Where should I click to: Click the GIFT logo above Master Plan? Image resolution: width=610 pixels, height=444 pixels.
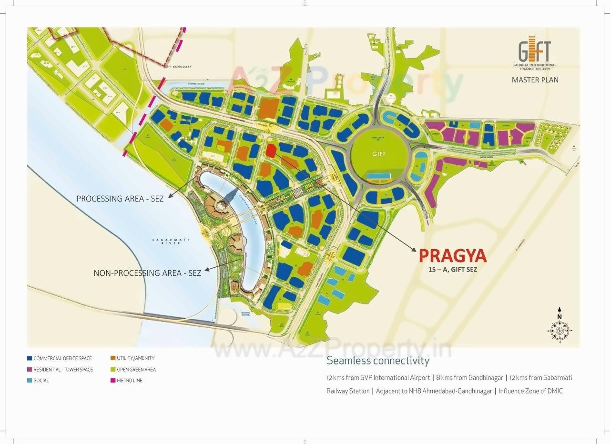point(535,53)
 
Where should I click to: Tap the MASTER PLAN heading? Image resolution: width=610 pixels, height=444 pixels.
point(535,80)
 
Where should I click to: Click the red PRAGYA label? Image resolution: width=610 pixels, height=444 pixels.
point(452,256)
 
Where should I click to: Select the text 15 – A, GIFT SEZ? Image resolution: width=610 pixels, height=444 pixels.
point(452,270)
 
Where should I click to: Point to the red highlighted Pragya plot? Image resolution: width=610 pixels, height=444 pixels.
point(270,151)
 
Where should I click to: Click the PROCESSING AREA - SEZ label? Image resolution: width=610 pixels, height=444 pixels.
point(120,199)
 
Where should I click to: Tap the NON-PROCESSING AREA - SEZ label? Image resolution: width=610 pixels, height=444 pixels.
point(147,273)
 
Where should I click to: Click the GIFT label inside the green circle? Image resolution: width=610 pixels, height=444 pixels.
point(379,154)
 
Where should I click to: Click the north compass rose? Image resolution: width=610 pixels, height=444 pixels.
point(559,329)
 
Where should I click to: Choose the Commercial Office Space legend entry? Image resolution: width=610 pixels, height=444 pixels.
point(62,358)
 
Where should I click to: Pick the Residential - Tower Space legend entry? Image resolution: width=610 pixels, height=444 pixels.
point(63,370)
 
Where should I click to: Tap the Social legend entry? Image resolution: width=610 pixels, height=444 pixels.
point(41,381)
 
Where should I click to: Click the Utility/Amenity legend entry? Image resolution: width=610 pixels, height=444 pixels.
point(135,358)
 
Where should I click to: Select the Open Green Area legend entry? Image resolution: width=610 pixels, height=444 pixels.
point(136,370)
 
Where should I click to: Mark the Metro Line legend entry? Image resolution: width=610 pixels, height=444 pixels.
point(129,381)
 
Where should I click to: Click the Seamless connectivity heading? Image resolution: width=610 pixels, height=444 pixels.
point(378,361)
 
